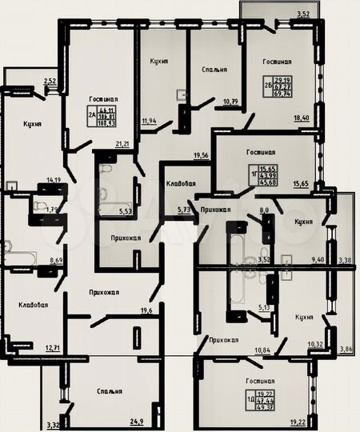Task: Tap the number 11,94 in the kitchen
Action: pyautogui.click(x=148, y=121)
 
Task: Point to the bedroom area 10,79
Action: pyautogui.click(x=230, y=102)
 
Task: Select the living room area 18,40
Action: pyautogui.click(x=302, y=118)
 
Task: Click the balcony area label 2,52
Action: pyautogui.click(x=50, y=81)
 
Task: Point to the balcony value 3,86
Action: pyautogui.click(x=346, y=350)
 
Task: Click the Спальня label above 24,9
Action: pyautogui.click(x=106, y=391)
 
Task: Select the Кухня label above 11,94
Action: pyautogui.click(x=158, y=61)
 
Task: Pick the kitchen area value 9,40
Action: pyautogui.click(x=318, y=259)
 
